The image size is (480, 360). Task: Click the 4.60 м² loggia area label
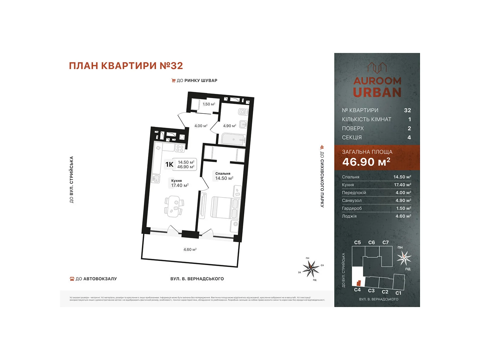[x=190, y=249]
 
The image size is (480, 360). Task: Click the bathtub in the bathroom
[x=233, y=139]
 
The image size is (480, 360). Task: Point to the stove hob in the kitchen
[x=180, y=148]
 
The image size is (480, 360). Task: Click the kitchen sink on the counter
[x=156, y=179]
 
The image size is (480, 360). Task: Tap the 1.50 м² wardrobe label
[x=209, y=104]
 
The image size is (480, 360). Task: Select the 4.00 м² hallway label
[x=201, y=126]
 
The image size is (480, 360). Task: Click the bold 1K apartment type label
[x=169, y=164]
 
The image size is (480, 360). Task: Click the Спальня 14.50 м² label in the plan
[x=224, y=176]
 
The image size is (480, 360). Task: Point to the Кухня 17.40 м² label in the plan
[x=179, y=183]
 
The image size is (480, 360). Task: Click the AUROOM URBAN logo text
[x=377, y=87]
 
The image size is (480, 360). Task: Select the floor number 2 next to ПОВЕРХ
[x=409, y=128]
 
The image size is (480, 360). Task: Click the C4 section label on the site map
[x=357, y=289]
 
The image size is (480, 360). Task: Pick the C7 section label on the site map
[x=385, y=242]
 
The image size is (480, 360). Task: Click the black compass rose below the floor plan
[x=311, y=268]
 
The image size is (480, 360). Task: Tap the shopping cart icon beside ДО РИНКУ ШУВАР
[x=173, y=80]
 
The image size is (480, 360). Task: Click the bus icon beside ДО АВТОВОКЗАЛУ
[x=72, y=279]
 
